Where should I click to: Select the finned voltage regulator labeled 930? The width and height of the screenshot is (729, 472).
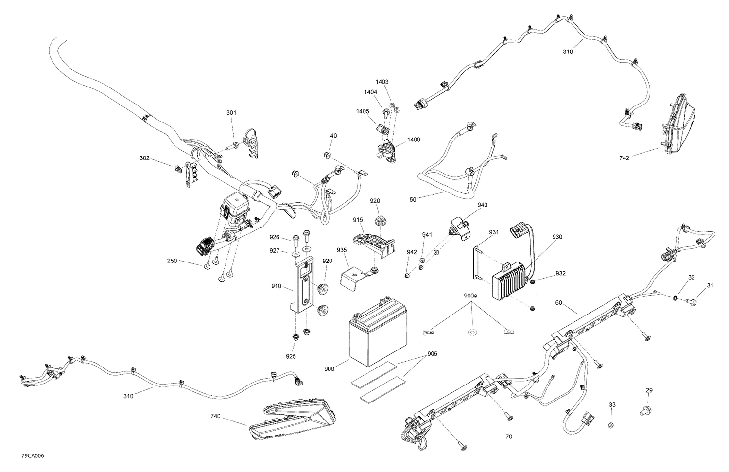point(510,280)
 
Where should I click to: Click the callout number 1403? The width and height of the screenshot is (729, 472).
point(382,82)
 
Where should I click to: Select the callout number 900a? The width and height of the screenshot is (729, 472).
point(470,296)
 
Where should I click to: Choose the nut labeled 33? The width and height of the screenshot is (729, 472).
point(612,426)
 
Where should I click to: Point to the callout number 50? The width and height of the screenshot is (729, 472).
point(413,200)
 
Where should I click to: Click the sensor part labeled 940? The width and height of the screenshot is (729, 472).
point(457,226)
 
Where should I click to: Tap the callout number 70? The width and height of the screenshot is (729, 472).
point(508,437)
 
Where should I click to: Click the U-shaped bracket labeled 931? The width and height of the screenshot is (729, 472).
point(477,263)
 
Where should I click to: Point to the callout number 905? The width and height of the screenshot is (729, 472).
point(432,354)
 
